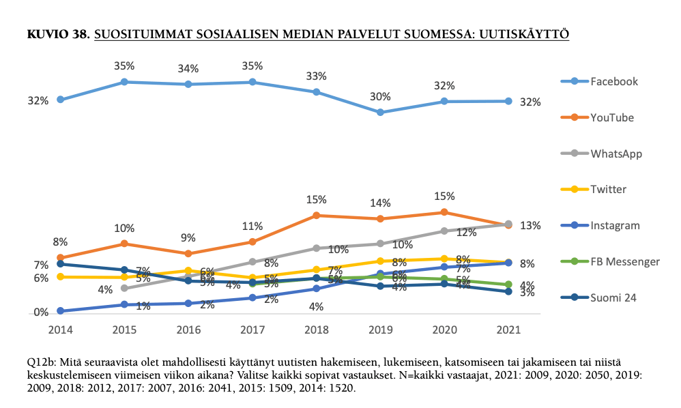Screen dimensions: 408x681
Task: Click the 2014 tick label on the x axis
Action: tap(60, 328)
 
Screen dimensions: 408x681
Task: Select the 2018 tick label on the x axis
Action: tap(317, 328)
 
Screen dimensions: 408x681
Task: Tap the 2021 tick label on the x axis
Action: tap(508, 328)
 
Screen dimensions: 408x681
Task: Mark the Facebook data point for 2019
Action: tap(380, 112)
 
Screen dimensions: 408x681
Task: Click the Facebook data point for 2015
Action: tap(124, 82)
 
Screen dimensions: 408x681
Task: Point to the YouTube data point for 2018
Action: tap(317, 215)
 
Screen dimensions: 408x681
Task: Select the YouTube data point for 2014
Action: tap(60, 258)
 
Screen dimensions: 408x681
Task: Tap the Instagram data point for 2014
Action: tap(60, 311)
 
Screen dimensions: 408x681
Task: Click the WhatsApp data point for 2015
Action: tap(124, 288)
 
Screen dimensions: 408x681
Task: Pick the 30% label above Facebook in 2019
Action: tap(380, 96)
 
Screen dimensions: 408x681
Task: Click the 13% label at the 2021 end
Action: tap(530, 225)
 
